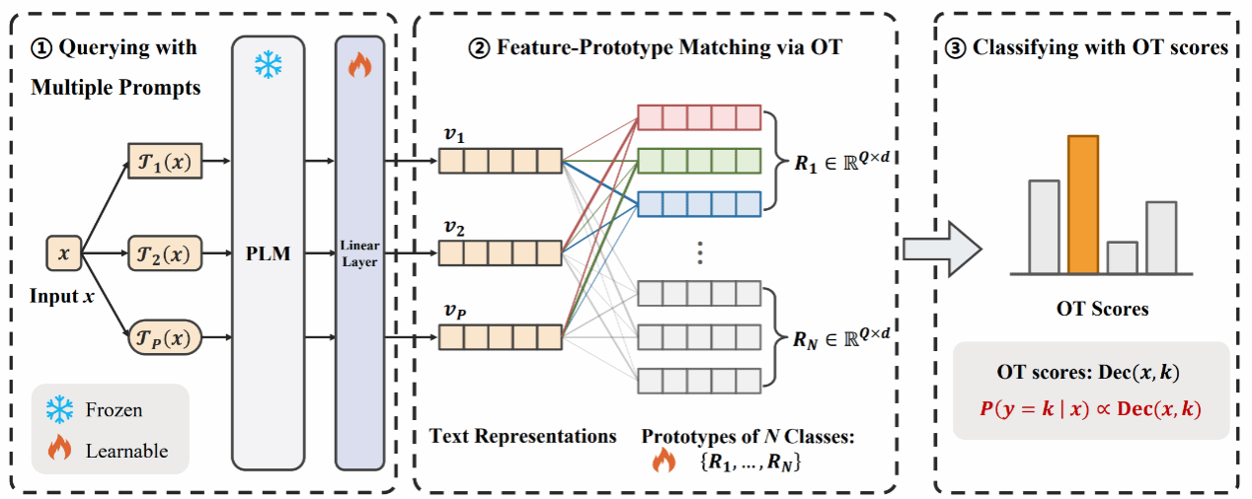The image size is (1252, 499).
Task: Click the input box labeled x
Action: click(64, 254)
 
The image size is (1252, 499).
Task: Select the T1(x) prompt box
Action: click(165, 159)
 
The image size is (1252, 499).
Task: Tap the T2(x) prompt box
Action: click(165, 254)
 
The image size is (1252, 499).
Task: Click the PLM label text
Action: click(269, 255)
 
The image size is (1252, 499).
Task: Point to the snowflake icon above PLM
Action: click(268, 66)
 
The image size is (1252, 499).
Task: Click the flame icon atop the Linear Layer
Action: click(358, 66)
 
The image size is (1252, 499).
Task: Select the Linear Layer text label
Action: click(359, 253)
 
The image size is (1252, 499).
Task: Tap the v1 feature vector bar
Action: click(500, 160)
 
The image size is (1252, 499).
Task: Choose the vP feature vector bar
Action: click(500, 337)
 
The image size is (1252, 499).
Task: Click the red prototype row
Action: click(699, 117)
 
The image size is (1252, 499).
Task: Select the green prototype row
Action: click(699, 161)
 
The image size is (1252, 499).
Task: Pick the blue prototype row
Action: click(699, 203)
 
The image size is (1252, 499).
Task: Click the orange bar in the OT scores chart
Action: click(1083, 204)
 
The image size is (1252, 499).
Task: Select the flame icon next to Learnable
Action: click(60, 450)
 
